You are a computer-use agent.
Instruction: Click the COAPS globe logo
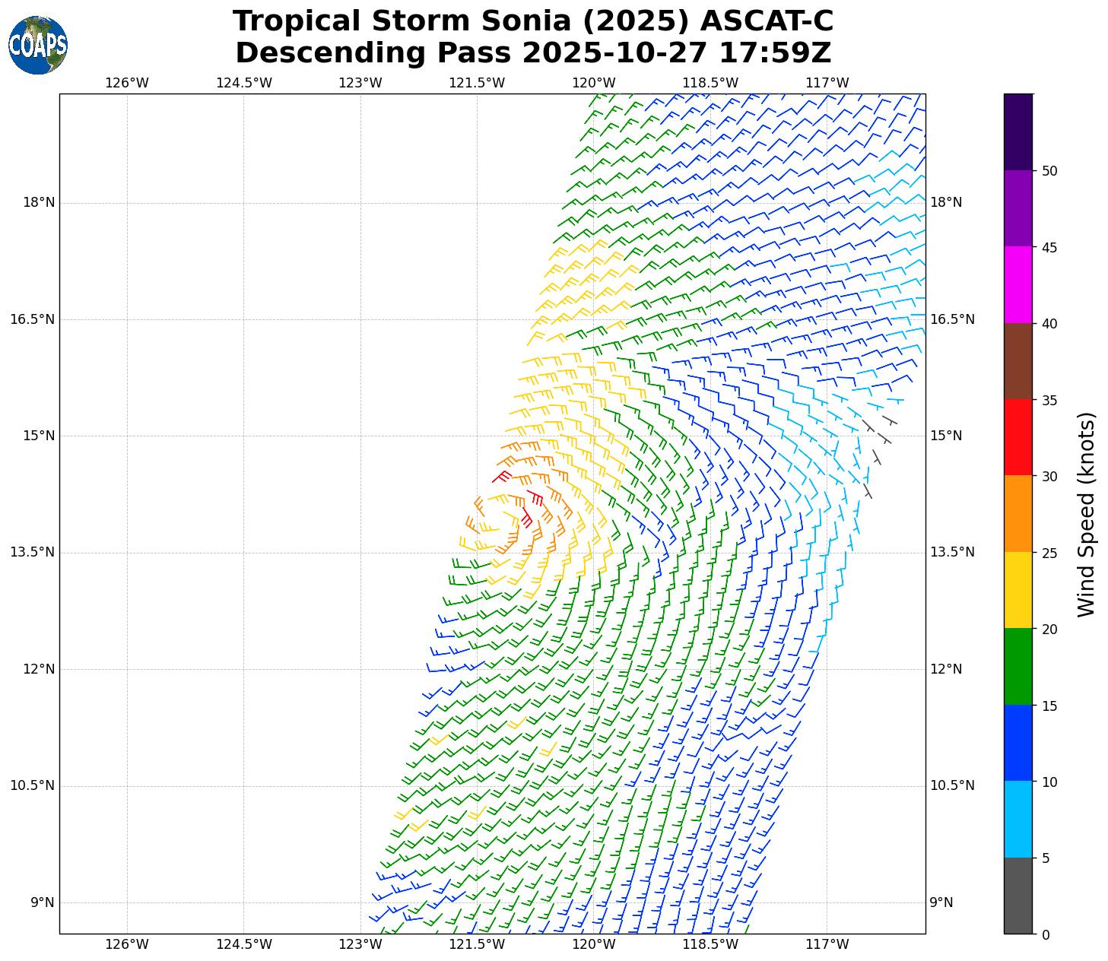click(x=38, y=45)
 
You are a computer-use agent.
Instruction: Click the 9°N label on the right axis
click(x=941, y=902)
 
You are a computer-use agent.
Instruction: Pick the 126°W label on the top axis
click(x=127, y=83)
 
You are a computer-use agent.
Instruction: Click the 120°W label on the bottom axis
click(x=594, y=944)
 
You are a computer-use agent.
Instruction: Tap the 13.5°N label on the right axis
click(x=951, y=552)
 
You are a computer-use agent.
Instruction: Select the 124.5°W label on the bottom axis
click(x=243, y=944)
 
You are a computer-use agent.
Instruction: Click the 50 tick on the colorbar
click(x=1049, y=171)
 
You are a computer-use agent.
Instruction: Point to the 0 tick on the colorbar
click(x=1045, y=934)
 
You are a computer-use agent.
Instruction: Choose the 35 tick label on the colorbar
click(x=1049, y=400)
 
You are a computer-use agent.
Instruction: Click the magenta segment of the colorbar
click(x=1018, y=284)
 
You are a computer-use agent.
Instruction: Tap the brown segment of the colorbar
click(x=1018, y=361)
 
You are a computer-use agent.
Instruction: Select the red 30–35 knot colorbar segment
click(x=1018, y=437)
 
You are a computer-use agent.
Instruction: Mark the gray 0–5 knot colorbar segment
click(x=1018, y=896)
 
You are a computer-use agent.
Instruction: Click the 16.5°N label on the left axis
click(x=32, y=319)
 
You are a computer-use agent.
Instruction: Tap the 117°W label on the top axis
click(x=827, y=83)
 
